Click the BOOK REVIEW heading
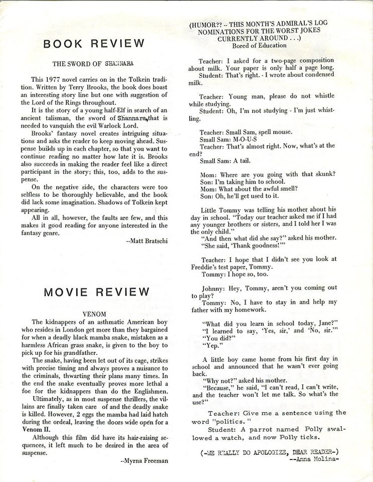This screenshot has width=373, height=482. click(94, 44)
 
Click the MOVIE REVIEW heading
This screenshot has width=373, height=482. click(96, 292)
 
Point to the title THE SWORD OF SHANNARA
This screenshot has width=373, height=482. click(94, 63)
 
